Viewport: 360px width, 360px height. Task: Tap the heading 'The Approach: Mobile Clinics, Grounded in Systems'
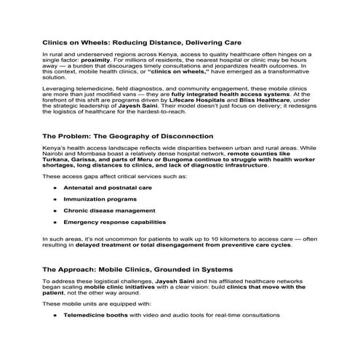(x=137, y=269)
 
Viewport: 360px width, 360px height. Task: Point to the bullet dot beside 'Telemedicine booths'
(x=56, y=316)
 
